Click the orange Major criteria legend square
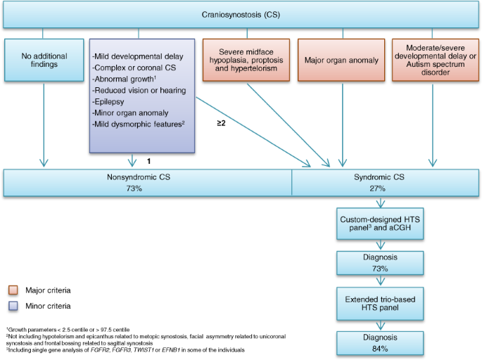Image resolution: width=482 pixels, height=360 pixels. pyautogui.click(x=11, y=290)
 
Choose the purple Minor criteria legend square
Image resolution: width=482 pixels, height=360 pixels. pyautogui.click(x=11, y=306)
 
